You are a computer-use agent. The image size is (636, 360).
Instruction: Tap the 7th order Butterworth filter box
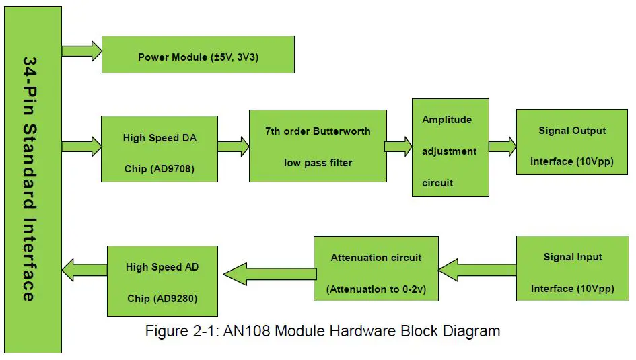(x=318, y=146)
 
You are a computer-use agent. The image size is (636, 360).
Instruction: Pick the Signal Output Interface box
(x=571, y=145)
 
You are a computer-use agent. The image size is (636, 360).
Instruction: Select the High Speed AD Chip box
(x=162, y=281)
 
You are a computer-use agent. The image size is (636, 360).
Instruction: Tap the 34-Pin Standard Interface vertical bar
(x=33, y=179)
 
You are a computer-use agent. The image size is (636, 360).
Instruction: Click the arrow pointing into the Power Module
(x=81, y=51)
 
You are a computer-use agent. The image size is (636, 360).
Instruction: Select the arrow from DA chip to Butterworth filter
(x=233, y=146)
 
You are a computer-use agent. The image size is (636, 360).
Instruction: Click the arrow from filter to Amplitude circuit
(x=398, y=146)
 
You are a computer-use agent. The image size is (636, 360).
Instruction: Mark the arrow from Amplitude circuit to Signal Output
(x=502, y=146)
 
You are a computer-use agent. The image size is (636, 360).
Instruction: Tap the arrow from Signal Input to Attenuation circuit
(x=476, y=270)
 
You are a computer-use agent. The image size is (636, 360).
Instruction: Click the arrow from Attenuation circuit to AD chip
(x=268, y=273)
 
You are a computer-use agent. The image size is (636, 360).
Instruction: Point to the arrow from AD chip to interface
(x=84, y=271)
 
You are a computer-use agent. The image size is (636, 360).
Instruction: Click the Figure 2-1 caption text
(x=322, y=331)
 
